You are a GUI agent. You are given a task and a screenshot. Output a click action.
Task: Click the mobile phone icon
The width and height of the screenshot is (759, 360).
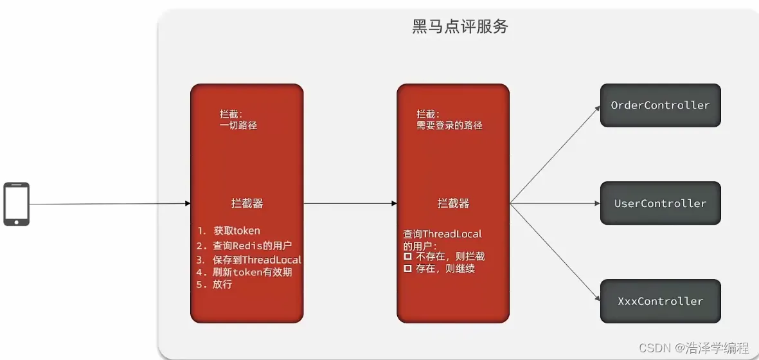click(x=16, y=204)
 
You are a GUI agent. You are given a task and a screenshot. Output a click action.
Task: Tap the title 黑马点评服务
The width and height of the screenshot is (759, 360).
click(x=460, y=26)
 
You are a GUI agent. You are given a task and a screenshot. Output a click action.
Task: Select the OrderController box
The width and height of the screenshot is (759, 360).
click(x=660, y=105)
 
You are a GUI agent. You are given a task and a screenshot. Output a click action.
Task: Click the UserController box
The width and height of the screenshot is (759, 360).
click(x=660, y=203)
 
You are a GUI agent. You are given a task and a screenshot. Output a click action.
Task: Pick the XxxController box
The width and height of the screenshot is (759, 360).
click(x=660, y=301)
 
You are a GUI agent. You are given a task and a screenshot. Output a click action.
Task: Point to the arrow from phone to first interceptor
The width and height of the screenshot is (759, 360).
click(x=109, y=204)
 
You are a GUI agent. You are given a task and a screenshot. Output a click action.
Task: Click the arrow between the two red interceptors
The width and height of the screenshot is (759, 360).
click(x=350, y=204)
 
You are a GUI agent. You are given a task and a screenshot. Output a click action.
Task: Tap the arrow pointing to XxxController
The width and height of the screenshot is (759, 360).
click(x=554, y=252)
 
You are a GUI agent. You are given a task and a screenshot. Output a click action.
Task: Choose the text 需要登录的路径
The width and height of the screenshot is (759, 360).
click(x=449, y=125)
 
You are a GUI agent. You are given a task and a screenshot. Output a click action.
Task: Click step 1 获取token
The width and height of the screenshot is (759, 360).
click(x=229, y=231)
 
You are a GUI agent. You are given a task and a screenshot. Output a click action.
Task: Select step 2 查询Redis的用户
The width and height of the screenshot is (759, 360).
click(x=244, y=246)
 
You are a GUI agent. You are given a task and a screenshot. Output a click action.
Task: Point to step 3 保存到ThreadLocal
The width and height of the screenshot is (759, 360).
click(x=249, y=260)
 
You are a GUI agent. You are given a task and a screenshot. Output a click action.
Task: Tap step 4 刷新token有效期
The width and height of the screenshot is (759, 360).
click(x=245, y=272)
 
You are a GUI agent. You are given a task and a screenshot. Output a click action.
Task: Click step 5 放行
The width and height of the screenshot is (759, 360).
click(x=215, y=284)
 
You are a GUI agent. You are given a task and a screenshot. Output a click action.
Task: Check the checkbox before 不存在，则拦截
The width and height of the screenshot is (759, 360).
click(x=407, y=256)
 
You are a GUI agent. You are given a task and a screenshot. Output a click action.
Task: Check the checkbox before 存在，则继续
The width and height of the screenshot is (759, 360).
click(x=407, y=269)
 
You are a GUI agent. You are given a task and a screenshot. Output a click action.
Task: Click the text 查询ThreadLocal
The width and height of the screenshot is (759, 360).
click(x=442, y=234)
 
